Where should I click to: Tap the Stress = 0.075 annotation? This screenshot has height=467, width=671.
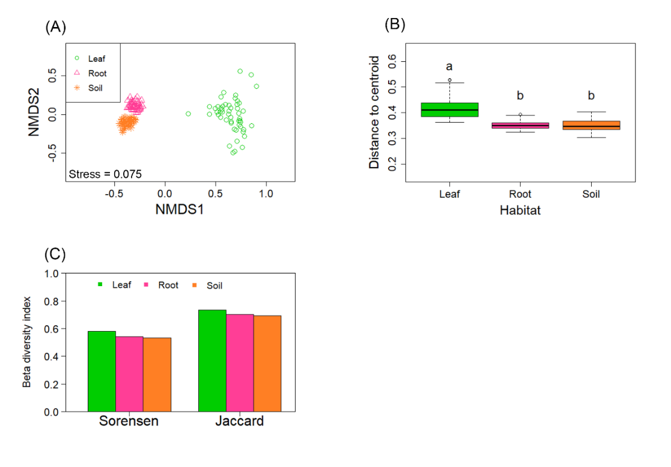tap(105, 175)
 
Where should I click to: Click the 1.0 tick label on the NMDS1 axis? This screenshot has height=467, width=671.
tap(266, 194)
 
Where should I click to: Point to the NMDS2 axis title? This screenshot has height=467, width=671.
tap(34, 112)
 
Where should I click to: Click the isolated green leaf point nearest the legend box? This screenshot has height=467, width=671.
tap(188, 114)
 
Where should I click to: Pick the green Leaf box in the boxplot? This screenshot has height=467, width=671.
tap(449, 109)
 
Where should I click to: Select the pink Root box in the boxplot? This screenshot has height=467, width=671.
tap(520, 126)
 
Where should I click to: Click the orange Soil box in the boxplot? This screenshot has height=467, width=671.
tap(591, 125)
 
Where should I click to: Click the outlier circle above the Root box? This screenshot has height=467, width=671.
tap(520, 114)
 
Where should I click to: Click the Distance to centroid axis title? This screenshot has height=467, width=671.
tap(374, 112)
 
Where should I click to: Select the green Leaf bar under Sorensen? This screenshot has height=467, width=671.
tap(102, 371)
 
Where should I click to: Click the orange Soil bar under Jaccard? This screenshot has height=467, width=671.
tap(267, 364)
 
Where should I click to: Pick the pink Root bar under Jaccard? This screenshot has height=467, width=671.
tap(240, 363)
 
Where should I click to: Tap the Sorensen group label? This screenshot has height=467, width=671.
tap(129, 421)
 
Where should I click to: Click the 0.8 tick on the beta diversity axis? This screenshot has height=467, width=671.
tap(53, 301)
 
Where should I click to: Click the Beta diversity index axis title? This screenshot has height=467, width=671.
tap(27, 342)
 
